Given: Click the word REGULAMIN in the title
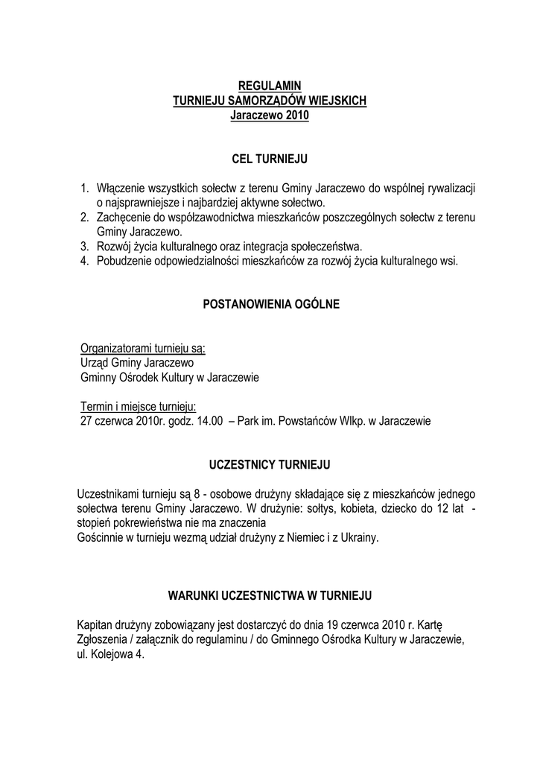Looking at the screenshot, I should (269, 86).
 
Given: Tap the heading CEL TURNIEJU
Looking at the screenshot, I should (269, 159).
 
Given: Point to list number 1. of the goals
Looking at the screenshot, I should (86, 189).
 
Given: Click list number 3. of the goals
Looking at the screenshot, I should (86, 247).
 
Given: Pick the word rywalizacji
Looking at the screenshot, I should (449, 189).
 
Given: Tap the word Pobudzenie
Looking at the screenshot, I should (124, 261).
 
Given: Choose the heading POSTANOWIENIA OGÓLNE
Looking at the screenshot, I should (270, 304).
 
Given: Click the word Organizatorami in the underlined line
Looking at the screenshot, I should (115, 349).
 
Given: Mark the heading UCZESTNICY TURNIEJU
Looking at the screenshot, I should (270, 464).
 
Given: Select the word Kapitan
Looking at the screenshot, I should (95, 624).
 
